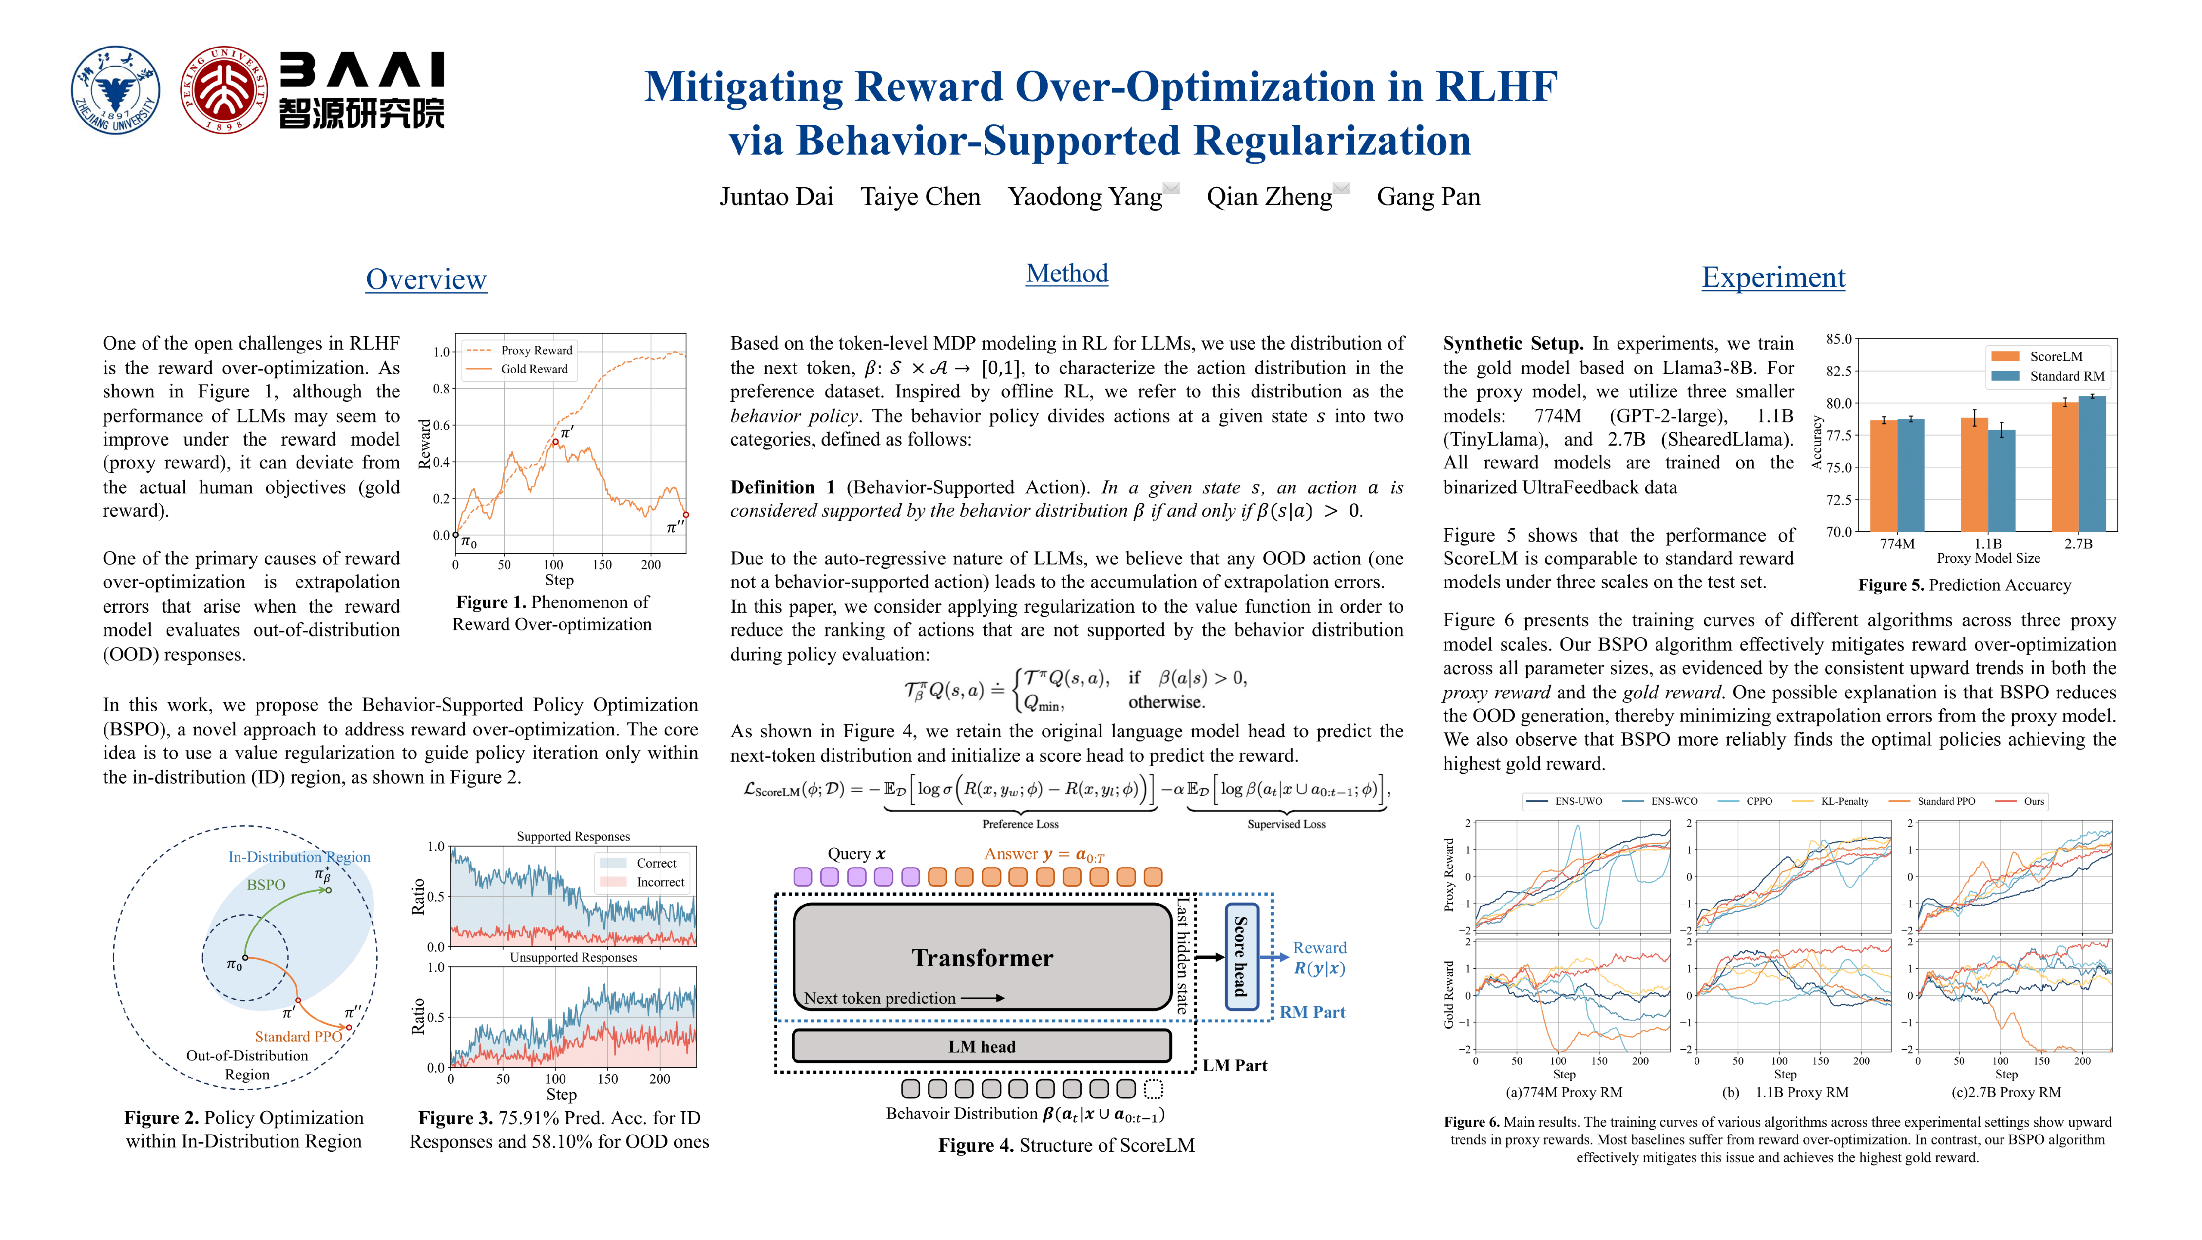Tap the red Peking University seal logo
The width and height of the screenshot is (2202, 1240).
point(224,90)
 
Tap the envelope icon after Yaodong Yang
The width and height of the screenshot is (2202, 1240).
point(1171,188)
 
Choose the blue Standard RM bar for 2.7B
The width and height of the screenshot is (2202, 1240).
point(2092,464)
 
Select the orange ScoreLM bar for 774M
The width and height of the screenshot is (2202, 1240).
point(1883,475)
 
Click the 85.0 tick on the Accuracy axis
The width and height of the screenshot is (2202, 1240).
point(1838,339)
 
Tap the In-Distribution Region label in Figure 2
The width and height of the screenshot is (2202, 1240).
point(299,857)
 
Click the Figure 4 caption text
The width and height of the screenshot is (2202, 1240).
point(1066,1145)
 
